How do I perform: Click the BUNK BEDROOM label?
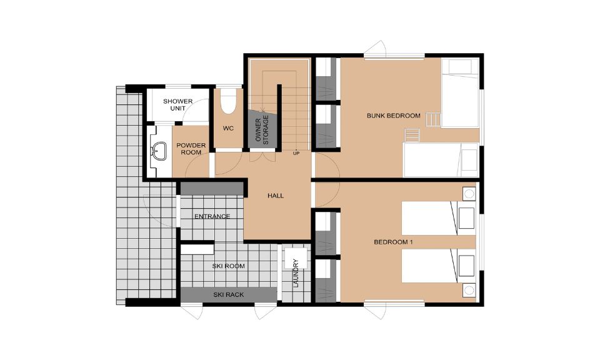pos(393,116)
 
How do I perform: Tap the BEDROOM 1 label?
pos(393,242)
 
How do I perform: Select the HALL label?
pos(276,196)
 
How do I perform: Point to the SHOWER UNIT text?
pos(178,104)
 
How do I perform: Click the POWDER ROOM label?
pos(191,149)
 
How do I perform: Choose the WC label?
pos(228,128)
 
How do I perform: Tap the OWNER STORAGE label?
pos(262,130)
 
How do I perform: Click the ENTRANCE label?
pos(212,216)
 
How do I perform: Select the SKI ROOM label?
pos(229,266)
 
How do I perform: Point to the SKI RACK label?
pos(229,294)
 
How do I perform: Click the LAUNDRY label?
pos(296,273)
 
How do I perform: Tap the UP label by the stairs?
pos(296,153)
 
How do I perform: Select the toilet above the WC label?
pos(229,101)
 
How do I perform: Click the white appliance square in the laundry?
pos(296,258)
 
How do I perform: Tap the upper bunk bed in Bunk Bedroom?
pos(460,93)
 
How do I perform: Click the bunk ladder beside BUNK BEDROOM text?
pos(433,120)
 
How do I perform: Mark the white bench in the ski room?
pos(197,250)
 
